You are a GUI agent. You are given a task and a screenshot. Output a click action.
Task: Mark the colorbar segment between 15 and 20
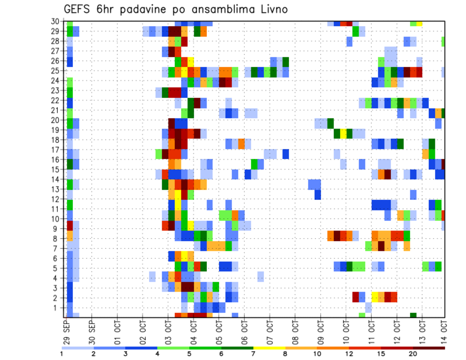click(x=397, y=348)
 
